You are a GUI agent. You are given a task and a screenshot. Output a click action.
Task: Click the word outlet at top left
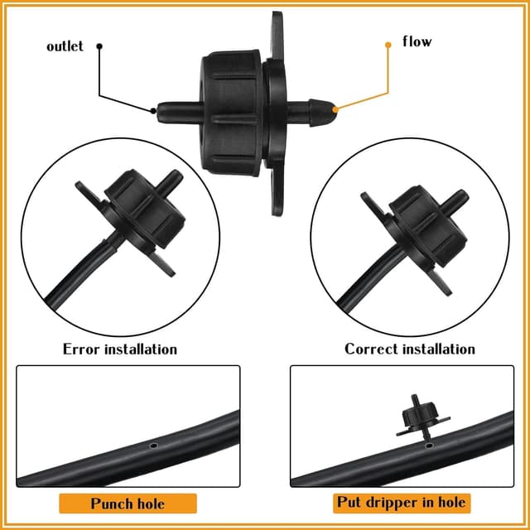point(65,46)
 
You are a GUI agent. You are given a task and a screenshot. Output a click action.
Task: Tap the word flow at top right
point(417,41)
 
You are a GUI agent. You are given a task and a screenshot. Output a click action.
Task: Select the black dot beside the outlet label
point(100,46)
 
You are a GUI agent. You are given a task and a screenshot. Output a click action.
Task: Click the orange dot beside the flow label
point(388,45)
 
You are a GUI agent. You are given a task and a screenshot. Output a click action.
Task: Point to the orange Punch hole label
point(128,503)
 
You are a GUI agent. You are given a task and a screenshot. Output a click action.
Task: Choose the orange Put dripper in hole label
point(401,503)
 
